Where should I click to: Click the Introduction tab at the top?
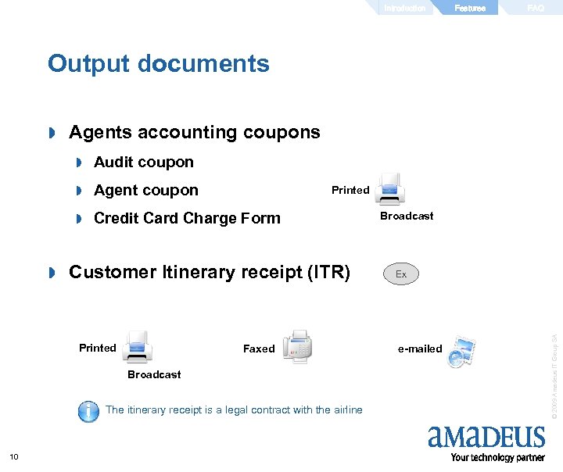405,8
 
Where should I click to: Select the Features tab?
470,8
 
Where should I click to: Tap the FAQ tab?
536,8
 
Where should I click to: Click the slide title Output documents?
158,63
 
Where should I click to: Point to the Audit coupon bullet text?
143,163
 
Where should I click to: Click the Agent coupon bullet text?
145,191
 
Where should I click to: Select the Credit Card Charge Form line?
186,219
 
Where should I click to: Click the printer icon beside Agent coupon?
389,189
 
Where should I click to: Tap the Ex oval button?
401,274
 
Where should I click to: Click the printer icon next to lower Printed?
137,346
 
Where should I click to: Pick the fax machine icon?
297,346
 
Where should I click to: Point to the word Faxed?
259,349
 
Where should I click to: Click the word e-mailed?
420,349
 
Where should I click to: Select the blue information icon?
88,411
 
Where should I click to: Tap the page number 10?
13,457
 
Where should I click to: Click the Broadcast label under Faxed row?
154,375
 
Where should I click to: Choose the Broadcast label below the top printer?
407,216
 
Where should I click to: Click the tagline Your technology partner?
498,458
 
